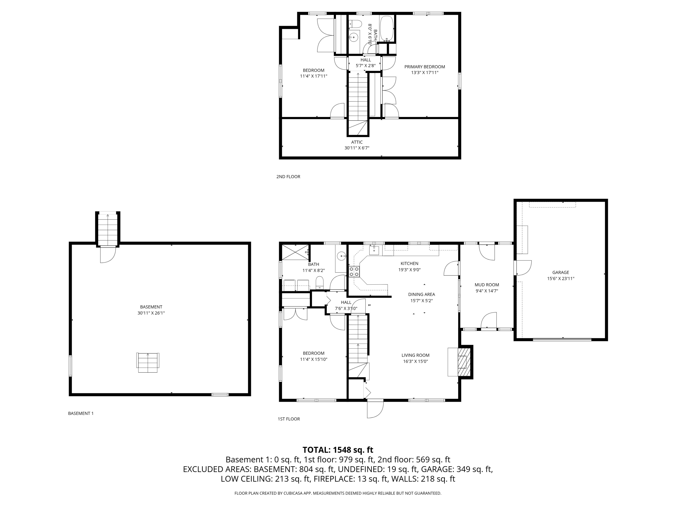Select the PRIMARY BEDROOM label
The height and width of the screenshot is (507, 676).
[x=425, y=67]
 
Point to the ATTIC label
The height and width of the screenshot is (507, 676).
[x=357, y=142]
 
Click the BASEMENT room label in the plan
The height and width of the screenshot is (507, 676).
[x=151, y=307]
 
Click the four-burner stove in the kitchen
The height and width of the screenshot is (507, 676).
[x=354, y=271]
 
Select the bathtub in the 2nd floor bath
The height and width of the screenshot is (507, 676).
[x=387, y=29]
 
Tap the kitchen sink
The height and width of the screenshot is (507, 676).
[x=374, y=250]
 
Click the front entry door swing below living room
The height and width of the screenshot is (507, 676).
[x=375, y=409]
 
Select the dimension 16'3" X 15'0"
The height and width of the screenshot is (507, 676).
[x=415, y=361]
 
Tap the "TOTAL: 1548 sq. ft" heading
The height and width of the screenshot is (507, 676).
[x=338, y=450]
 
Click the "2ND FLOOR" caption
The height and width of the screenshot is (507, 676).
[x=288, y=177]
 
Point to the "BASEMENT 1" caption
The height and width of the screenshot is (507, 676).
[x=81, y=413]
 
